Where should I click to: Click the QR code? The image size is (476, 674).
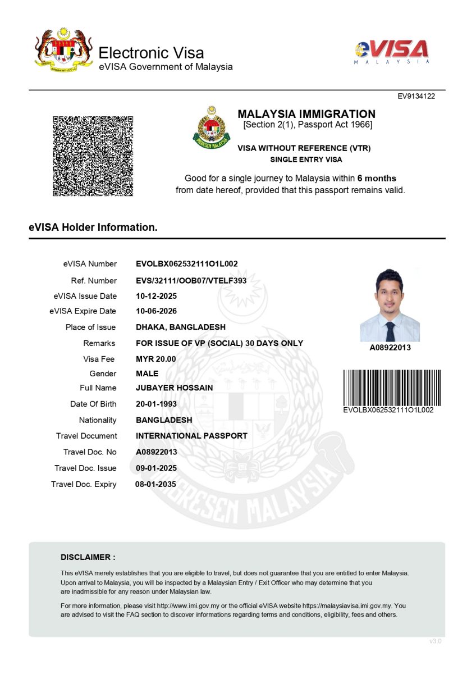coord(93,156)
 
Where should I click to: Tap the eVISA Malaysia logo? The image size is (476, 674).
coord(392,52)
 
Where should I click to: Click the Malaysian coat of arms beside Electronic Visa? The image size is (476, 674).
coord(63,51)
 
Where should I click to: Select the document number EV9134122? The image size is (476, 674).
coord(417,96)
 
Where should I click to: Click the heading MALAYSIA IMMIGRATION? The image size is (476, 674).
coord(306,114)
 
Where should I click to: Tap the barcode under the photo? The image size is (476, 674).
coord(392,387)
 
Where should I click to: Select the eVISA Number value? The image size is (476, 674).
coord(187,264)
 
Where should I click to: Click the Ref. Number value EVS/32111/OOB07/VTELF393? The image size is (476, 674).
coord(191,281)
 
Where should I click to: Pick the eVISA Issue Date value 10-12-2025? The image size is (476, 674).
coord(157,296)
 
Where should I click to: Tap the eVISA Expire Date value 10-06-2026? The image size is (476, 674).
coord(157,311)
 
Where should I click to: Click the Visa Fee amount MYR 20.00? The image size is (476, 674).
coord(156,359)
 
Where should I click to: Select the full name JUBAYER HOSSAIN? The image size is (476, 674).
coord(175,388)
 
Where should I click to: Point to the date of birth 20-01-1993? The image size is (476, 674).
coord(157,404)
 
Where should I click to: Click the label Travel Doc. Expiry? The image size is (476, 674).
coord(84,484)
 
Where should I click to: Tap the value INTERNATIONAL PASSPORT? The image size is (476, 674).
coord(191,436)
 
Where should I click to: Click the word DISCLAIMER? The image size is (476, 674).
coord(88,557)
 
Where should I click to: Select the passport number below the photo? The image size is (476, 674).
coord(390,348)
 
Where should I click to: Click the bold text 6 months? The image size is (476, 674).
coord(377,179)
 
